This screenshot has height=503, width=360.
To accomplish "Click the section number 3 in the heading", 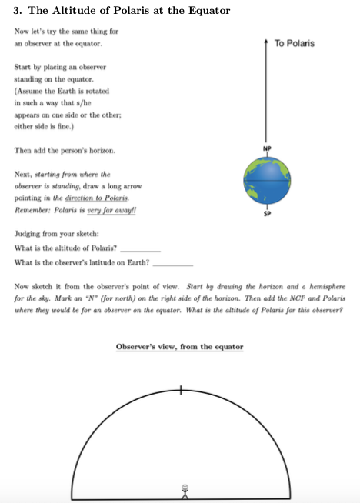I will [18, 11].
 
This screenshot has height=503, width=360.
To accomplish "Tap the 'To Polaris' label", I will [295, 44].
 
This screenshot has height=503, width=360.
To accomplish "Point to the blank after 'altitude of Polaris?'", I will [141, 249].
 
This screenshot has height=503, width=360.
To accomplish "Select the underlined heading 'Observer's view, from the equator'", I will [179, 347].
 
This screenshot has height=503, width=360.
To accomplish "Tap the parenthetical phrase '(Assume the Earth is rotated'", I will [62, 91].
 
